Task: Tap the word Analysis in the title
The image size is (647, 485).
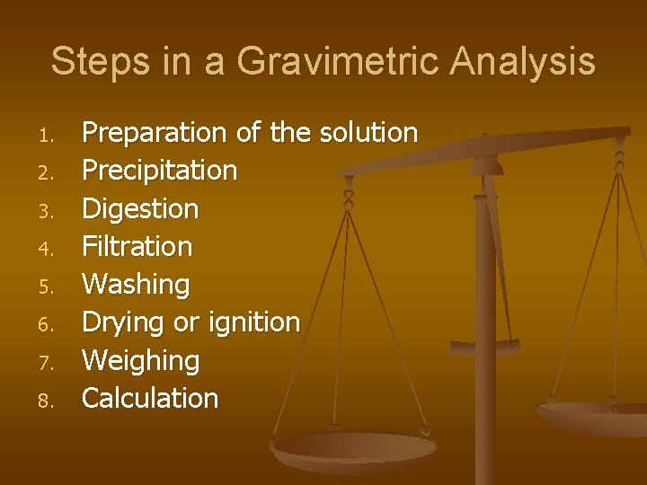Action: point(522,62)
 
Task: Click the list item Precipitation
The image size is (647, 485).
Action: point(159,170)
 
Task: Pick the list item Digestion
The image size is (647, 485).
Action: point(140,208)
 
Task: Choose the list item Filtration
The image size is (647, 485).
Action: point(137,246)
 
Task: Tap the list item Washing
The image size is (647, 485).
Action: point(136,285)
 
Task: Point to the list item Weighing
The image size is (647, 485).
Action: point(140,360)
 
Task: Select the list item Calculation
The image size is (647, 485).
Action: point(150,398)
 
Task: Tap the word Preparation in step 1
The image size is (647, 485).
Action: point(154,133)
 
